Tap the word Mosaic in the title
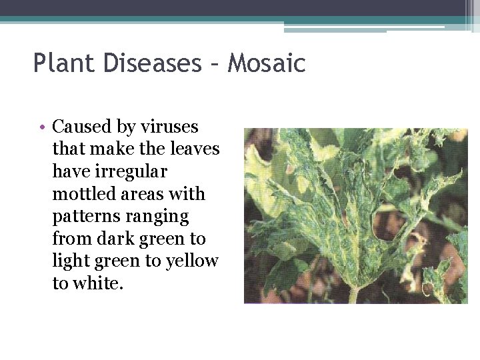[x=267, y=63]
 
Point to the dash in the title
[x=214, y=65]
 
